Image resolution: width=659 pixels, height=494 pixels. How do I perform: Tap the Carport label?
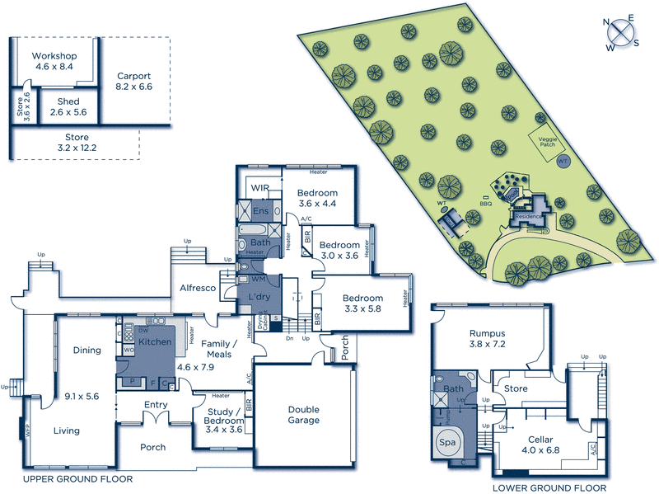133,75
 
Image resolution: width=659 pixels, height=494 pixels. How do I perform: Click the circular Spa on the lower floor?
447,443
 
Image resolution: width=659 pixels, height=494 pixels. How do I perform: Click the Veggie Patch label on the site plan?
549,141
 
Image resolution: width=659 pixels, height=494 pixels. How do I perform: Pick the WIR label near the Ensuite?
261,188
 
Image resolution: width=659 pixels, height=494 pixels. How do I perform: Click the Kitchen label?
154,341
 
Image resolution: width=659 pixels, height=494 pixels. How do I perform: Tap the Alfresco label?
198,288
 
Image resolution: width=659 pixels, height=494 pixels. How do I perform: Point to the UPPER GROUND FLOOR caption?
77,479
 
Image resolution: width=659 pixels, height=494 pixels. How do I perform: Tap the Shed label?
68,101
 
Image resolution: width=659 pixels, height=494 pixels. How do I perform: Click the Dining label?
86,350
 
